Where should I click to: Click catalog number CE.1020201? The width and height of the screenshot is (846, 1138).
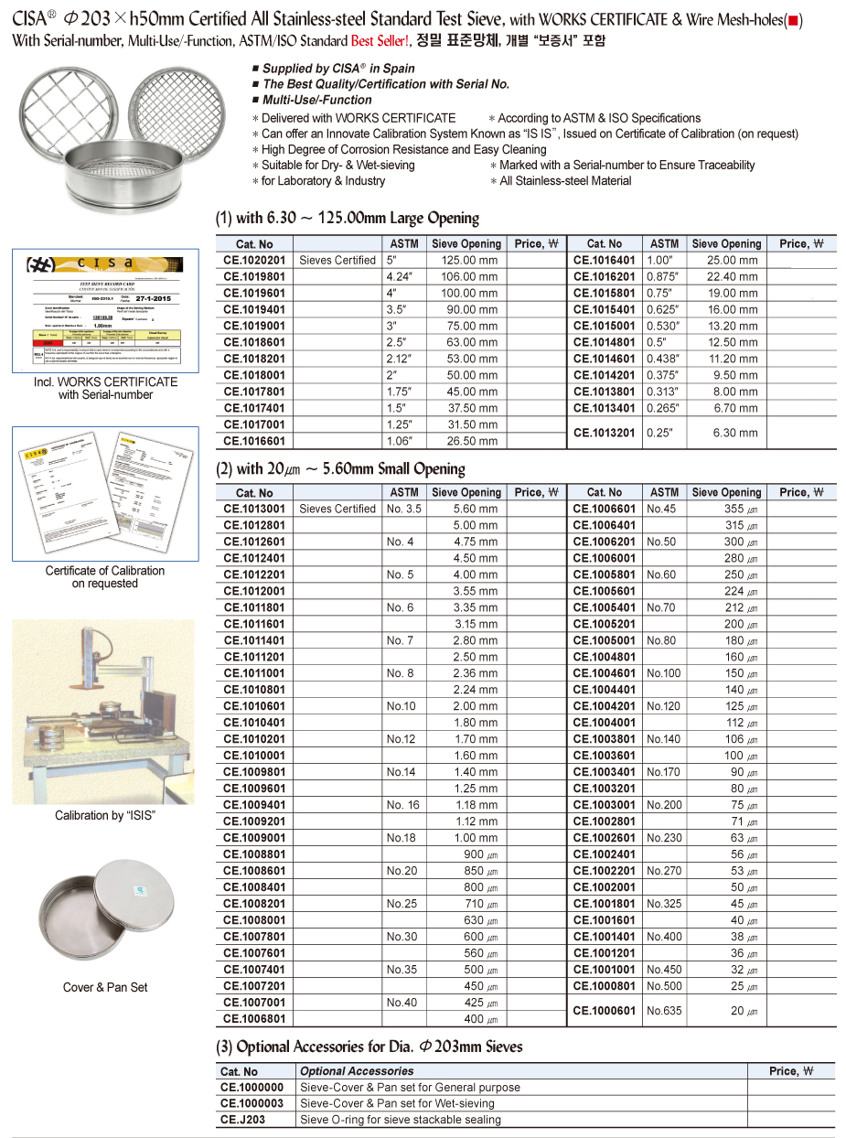(254, 261)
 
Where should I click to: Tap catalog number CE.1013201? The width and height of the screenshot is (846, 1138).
(605, 433)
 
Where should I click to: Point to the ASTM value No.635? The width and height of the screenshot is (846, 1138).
(664, 1011)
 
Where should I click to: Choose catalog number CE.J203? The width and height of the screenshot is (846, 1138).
(242, 1120)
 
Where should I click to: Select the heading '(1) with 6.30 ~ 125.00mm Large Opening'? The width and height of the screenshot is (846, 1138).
(348, 218)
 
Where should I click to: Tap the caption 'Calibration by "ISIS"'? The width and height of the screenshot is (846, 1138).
(104, 815)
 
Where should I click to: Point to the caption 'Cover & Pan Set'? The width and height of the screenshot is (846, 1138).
(104, 987)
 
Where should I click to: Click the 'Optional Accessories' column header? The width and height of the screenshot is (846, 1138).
(357, 1071)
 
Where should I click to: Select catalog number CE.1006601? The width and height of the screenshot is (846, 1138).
(605, 509)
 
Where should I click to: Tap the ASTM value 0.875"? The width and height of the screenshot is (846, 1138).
(664, 277)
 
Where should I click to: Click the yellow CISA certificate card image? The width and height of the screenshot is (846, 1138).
(104, 310)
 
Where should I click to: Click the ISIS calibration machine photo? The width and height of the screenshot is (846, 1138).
(103, 712)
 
